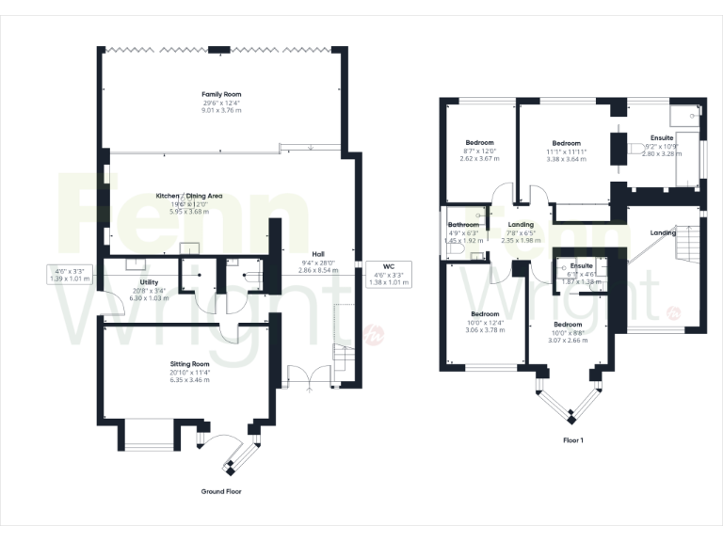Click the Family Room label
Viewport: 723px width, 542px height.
pos(221,95)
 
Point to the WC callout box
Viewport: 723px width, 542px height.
pos(389,274)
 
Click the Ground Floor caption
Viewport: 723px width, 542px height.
pos(221,492)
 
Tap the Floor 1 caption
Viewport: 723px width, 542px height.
pos(572,439)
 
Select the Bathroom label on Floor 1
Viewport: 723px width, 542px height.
pos(464,225)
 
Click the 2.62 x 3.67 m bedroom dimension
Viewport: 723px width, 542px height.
pos(479,159)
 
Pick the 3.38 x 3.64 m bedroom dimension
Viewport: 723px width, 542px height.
pos(566,159)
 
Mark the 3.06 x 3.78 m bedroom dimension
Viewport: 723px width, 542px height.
pos(485,329)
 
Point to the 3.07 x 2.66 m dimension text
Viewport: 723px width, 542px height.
pos(568,340)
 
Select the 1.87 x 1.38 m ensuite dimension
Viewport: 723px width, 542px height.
pos(580,282)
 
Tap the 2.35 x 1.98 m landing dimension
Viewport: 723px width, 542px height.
pos(521,241)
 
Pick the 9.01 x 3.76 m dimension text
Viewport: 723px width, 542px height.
pos(221,110)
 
